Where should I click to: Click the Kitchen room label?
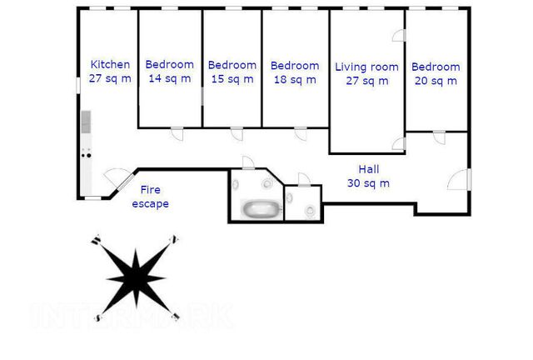pos(110,64)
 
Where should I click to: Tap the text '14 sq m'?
pos(170,78)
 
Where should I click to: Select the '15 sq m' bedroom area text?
pos(232,79)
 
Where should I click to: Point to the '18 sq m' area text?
pos(295,80)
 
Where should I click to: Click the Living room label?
pos(366,67)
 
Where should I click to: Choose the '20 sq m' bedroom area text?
pos(436,81)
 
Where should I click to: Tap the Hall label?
pos(369,169)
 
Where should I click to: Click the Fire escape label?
pos(150,197)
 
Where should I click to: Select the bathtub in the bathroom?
pos(262,208)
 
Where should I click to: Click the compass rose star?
pos(136,278)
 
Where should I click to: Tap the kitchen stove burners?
pos(87,155)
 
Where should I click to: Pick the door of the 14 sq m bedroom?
pos(177,133)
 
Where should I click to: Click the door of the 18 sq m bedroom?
pos(301,133)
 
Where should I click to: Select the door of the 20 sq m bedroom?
pos(439,137)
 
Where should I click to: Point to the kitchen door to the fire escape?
pos(119,179)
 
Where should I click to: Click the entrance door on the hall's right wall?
pos(459,179)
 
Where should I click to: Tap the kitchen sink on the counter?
pos(86,122)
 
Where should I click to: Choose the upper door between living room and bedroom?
pos(399,35)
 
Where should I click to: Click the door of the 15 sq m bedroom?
pos(237,133)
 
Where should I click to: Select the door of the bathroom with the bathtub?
pos(248,162)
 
